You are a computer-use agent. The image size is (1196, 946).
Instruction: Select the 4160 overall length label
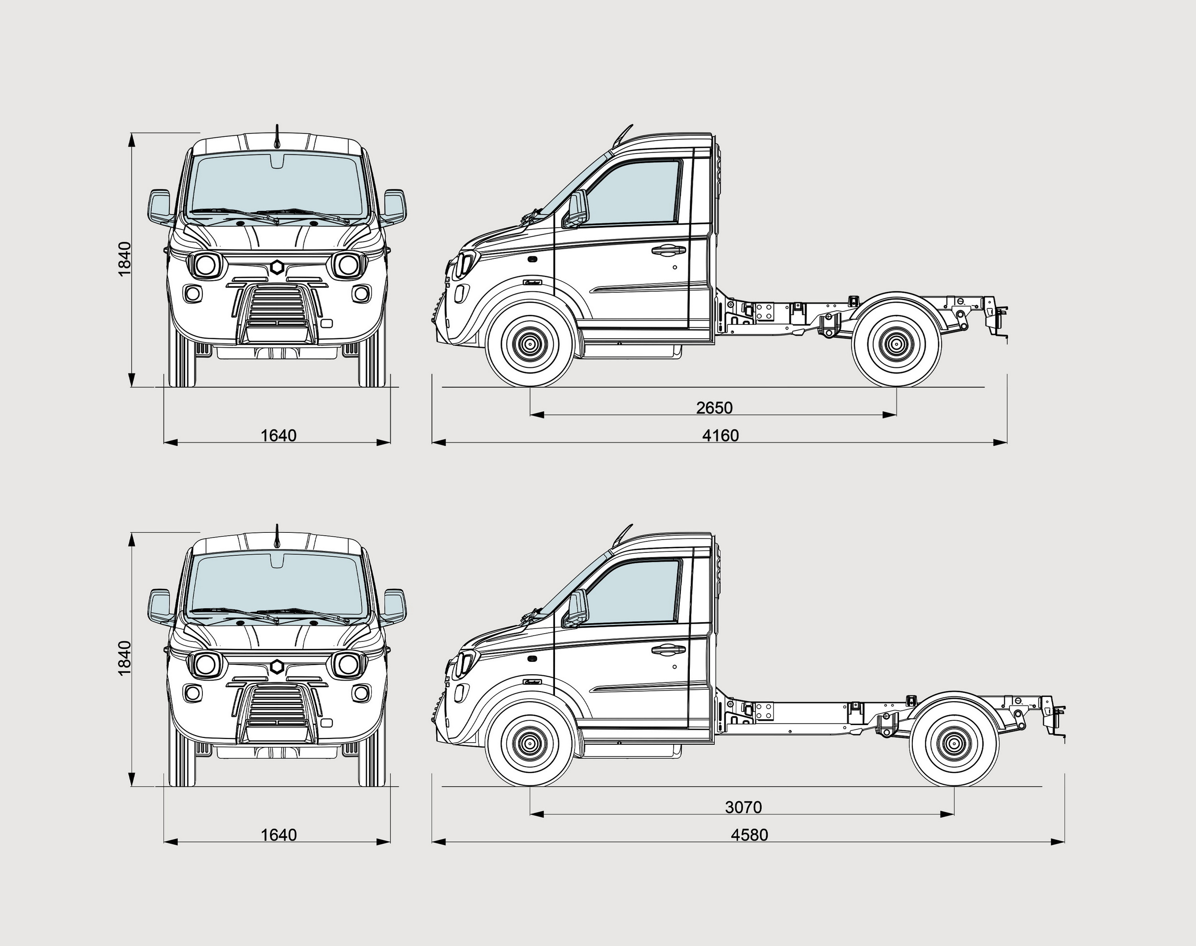[720, 435]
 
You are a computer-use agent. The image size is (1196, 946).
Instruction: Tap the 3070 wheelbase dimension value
[743, 807]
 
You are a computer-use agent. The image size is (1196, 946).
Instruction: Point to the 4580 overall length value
[749, 835]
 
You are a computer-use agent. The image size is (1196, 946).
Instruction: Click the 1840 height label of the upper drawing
[125, 259]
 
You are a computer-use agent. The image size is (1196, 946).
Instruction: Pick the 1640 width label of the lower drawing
[278, 835]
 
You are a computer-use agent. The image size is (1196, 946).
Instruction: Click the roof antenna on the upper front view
[277, 137]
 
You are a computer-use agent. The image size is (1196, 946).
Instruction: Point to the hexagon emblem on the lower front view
[277, 667]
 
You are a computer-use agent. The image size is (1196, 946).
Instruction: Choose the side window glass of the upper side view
[637, 191]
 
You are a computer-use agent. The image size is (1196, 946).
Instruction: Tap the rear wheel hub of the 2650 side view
[896, 344]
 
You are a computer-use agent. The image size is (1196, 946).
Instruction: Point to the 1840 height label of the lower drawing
[125, 658]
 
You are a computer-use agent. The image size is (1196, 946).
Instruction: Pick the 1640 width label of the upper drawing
[278, 435]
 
